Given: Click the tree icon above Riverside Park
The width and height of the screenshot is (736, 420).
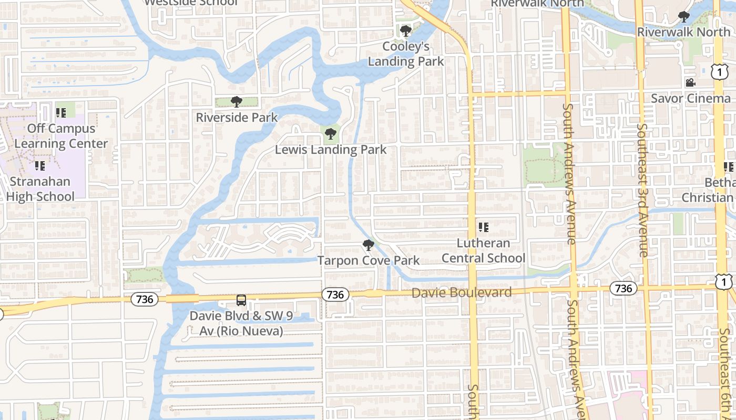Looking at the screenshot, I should (x=237, y=101).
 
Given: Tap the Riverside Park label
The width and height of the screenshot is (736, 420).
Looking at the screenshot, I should (x=237, y=117).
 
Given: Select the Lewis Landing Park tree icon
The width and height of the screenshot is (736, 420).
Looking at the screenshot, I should (x=331, y=134).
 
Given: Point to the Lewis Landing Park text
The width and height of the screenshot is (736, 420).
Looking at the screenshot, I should (x=331, y=150).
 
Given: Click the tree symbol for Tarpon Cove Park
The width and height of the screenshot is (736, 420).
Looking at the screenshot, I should (x=369, y=245).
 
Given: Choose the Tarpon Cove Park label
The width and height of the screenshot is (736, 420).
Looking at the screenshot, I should (x=369, y=260).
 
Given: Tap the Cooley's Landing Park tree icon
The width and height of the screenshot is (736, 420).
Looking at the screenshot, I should (x=405, y=31).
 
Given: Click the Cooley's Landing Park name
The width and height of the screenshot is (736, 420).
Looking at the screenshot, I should (x=405, y=54).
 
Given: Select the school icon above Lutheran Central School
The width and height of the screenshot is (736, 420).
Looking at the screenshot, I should (x=484, y=227).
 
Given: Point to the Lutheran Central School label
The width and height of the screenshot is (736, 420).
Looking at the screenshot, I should (x=483, y=250).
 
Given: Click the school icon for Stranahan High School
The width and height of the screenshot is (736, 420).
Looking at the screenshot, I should (x=40, y=166).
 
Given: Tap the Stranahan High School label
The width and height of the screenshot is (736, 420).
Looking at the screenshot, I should (x=40, y=189).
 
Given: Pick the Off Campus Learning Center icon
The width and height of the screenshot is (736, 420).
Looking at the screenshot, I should (x=61, y=112).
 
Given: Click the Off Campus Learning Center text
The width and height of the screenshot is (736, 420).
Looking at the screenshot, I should (x=61, y=135).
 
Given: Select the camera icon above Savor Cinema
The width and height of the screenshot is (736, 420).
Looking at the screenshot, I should (x=690, y=83).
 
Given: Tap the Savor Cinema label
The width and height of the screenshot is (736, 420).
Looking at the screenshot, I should (x=690, y=98).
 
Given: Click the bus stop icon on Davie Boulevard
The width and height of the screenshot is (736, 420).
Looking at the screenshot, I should (x=241, y=300).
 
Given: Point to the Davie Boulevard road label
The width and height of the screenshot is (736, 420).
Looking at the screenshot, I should (x=462, y=292).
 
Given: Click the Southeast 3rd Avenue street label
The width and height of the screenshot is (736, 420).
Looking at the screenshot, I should (x=643, y=190).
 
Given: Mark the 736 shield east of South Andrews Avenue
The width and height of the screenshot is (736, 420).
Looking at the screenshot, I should (x=623, y=288).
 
